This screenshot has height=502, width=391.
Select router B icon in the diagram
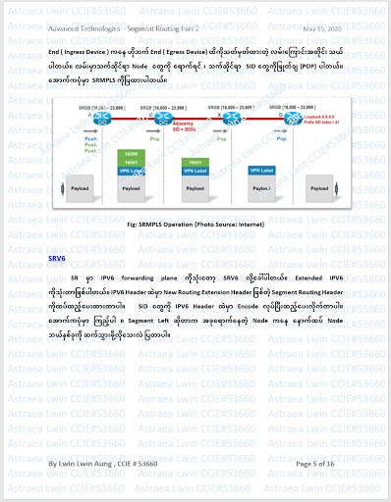[x=157, y=117]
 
